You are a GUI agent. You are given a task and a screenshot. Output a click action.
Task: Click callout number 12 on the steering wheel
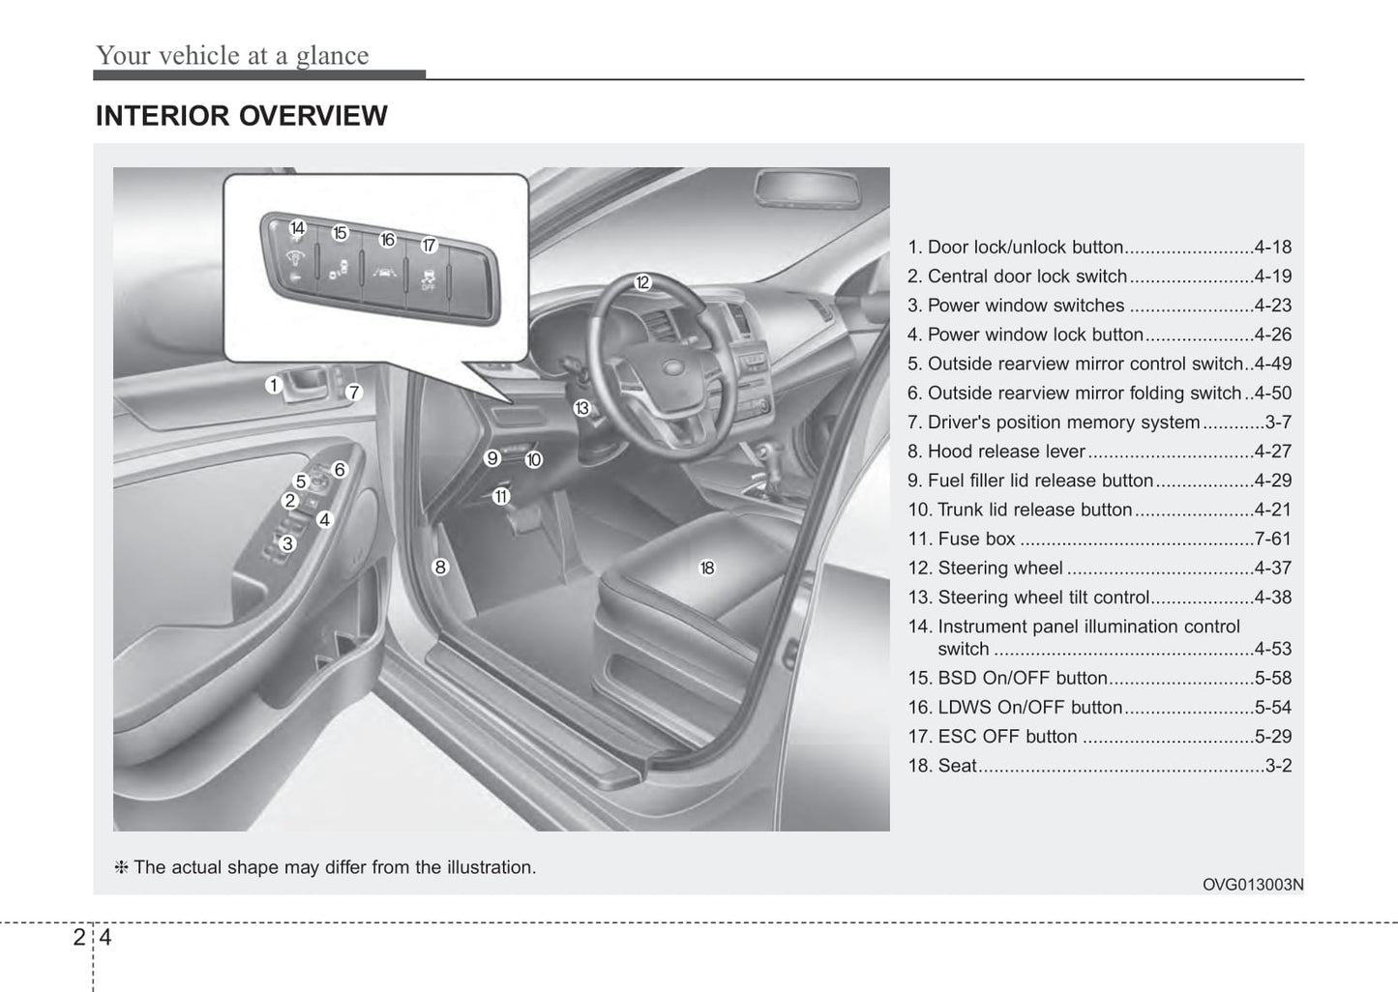pyautogui.click(x=642, y=282)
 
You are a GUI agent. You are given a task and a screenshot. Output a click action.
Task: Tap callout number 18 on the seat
pyautogui.click(x=707, y=568)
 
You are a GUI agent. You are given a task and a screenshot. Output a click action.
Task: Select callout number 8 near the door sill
pyautogui.click(x=440, y=567)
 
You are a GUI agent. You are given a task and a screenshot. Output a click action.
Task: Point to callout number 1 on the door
pyautogui.click(x=274, y=385)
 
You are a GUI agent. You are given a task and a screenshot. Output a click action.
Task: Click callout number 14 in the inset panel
pyautogui.click(x=297, y=228)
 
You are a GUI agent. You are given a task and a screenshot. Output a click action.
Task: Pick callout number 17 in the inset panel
pyautogui.click(x=429, y=246)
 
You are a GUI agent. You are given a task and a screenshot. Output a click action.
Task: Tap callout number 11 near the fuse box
pyautogui.click(x=500, y=496)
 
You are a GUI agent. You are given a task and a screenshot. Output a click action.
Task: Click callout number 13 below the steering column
pyautogui.click(x=581, y=408)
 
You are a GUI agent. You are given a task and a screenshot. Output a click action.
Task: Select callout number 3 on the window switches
pyautogui.click(x=287, y=543)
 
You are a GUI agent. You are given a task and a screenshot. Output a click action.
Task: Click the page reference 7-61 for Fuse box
pyautogui.click(x=1272, y=539)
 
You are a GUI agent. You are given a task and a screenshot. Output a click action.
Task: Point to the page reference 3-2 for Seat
pyautogui.click(x=1278, y=765)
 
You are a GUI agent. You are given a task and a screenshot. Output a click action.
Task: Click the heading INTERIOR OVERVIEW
pyautogui.click(x=241, y=116)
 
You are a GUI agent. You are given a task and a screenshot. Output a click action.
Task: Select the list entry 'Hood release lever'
pyautogui.click(x=1006, y=452)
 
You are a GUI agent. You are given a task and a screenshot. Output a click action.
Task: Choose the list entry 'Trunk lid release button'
pyautogui.click(x=1034, y=510)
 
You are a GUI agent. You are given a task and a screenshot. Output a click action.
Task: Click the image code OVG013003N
pyautogui.click(x=1253, y=884)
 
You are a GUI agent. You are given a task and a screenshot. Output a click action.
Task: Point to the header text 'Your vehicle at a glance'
pyautogui.click(x=232, y=55)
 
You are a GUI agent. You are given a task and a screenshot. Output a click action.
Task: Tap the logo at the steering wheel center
pyautogui.click(x=670, y=368)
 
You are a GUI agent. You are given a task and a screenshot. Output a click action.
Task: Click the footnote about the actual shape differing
pyautogui.click(x=326, y=867)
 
